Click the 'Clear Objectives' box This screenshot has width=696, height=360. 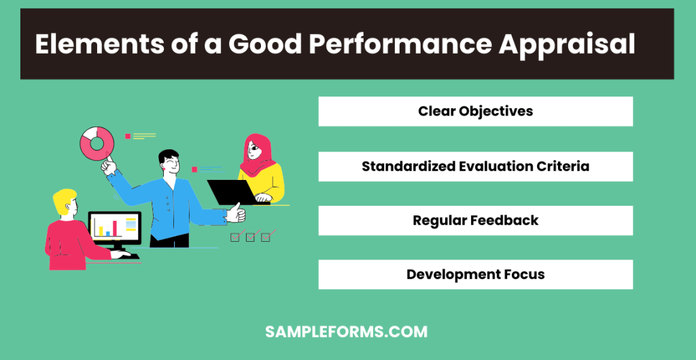click(475, 111)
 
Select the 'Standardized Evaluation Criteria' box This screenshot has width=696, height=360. click(475, 166)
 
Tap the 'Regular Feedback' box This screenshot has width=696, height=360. click(475, 221)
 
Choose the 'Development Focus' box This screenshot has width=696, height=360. click(475, 275)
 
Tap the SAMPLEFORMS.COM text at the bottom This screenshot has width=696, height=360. click(346, 332)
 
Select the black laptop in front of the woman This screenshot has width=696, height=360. click(230, 191)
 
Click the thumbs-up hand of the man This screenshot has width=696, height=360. click(236, 214)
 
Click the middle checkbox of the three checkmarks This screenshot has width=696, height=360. click(250, 237)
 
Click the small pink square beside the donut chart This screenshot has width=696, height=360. click(127, 137)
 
